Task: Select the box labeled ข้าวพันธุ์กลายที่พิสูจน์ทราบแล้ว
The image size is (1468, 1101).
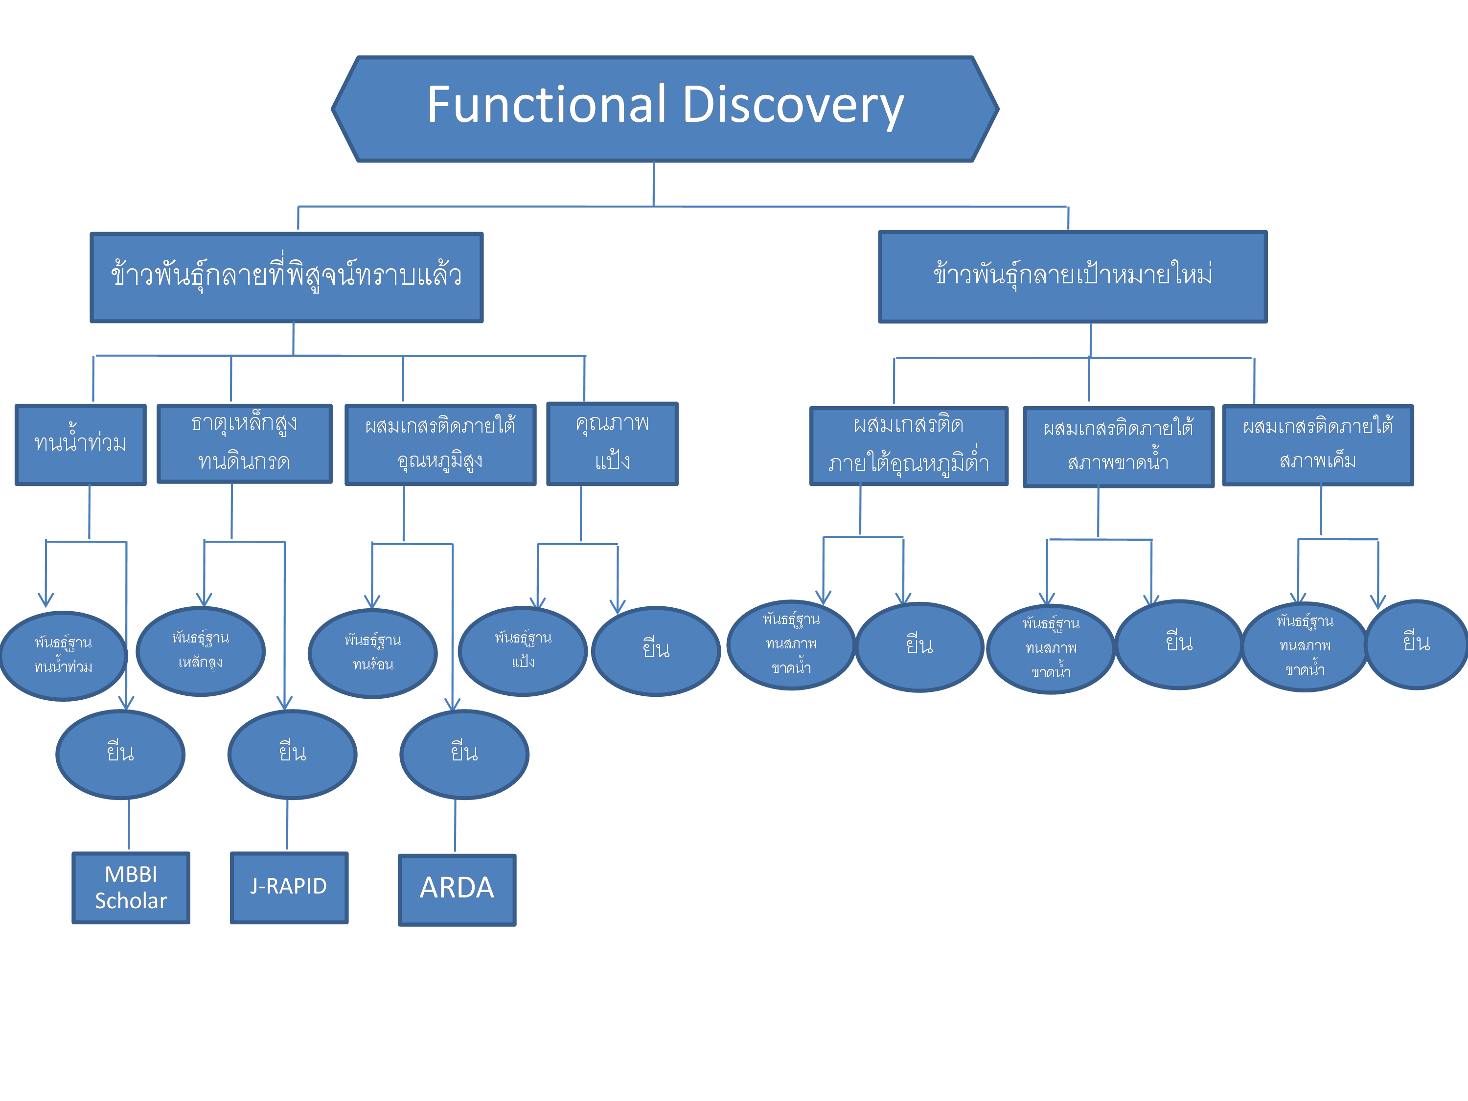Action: pos(287,277)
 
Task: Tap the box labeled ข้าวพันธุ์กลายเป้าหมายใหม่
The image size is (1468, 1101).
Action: pos(1073,277)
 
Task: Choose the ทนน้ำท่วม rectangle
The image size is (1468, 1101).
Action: pos(80,445)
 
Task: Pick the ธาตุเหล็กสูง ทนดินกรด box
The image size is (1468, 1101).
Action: pos(244,443)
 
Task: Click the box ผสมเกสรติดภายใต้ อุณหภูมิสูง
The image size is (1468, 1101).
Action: pos(440,445)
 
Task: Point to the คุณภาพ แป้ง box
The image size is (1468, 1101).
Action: pos(612,443)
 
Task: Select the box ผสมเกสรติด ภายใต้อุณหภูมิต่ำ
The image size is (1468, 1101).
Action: pos(909,446)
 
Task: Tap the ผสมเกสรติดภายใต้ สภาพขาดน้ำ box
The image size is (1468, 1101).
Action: pos(1118,447)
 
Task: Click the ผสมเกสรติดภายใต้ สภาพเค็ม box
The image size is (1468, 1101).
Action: pos(1317,445)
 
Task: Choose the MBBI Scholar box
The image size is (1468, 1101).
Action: pos(131,887)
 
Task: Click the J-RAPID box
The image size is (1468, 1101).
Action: pos(289,887)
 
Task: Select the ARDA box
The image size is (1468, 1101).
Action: pos(457,889)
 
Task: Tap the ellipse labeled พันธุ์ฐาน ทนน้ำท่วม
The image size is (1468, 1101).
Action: pos(64,656)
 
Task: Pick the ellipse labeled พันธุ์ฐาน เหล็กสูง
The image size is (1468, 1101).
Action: pos(201,651)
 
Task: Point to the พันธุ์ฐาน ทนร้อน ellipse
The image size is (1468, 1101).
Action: pos(373,653)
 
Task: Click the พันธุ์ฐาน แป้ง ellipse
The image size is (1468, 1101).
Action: pos(523,651)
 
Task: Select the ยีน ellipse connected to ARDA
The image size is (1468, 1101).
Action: pos(464,754)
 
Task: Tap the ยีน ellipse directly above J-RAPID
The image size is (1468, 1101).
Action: pos(292,754)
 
